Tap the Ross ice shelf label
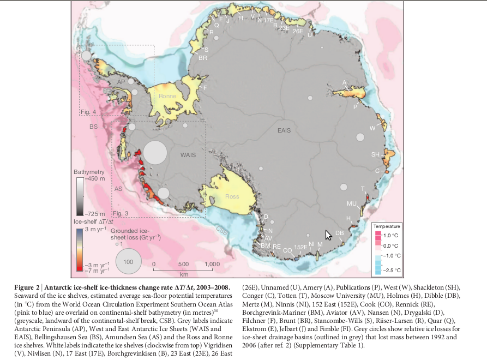click(232, 196)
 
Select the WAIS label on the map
click(188, 155)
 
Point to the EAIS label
click(284, 131)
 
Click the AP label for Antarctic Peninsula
click(121, 82)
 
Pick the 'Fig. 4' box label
click(88, 112)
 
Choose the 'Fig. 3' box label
click(121, 212)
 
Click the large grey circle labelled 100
click(128, 262)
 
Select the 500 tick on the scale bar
click(183, 264)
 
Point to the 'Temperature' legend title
click(387, 226)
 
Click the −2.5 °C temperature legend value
click(393, 270)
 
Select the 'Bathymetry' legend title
click(89, 172)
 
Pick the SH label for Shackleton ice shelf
click(375, 154)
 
